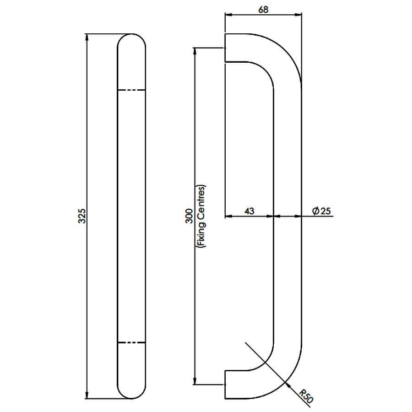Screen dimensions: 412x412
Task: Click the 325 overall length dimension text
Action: click(82, 216)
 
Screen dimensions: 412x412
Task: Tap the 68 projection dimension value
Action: click(263, 10)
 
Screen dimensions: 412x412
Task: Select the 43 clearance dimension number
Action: click(249, 211)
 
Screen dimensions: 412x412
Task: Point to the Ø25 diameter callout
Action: click(321, 211)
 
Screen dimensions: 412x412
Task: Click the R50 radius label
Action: click(306, 396)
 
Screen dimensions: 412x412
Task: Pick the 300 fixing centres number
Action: click(189, 216)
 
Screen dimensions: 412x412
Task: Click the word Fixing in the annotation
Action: click(201, 234)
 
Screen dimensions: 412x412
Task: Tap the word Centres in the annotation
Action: click(201, 203)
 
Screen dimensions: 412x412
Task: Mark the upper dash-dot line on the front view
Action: click(131, 90)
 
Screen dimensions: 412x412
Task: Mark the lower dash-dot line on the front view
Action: click(131, 342)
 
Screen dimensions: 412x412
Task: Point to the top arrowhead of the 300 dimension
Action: click(195, 52)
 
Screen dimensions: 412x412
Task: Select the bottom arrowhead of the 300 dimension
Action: click(195, 381)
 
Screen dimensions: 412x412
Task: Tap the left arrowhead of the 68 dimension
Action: click(229, 15)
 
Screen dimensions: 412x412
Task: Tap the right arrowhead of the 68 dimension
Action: click(298, 15)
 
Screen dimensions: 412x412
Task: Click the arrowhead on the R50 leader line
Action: click(288, 385)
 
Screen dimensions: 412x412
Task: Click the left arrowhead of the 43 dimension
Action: click(229, 216)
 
